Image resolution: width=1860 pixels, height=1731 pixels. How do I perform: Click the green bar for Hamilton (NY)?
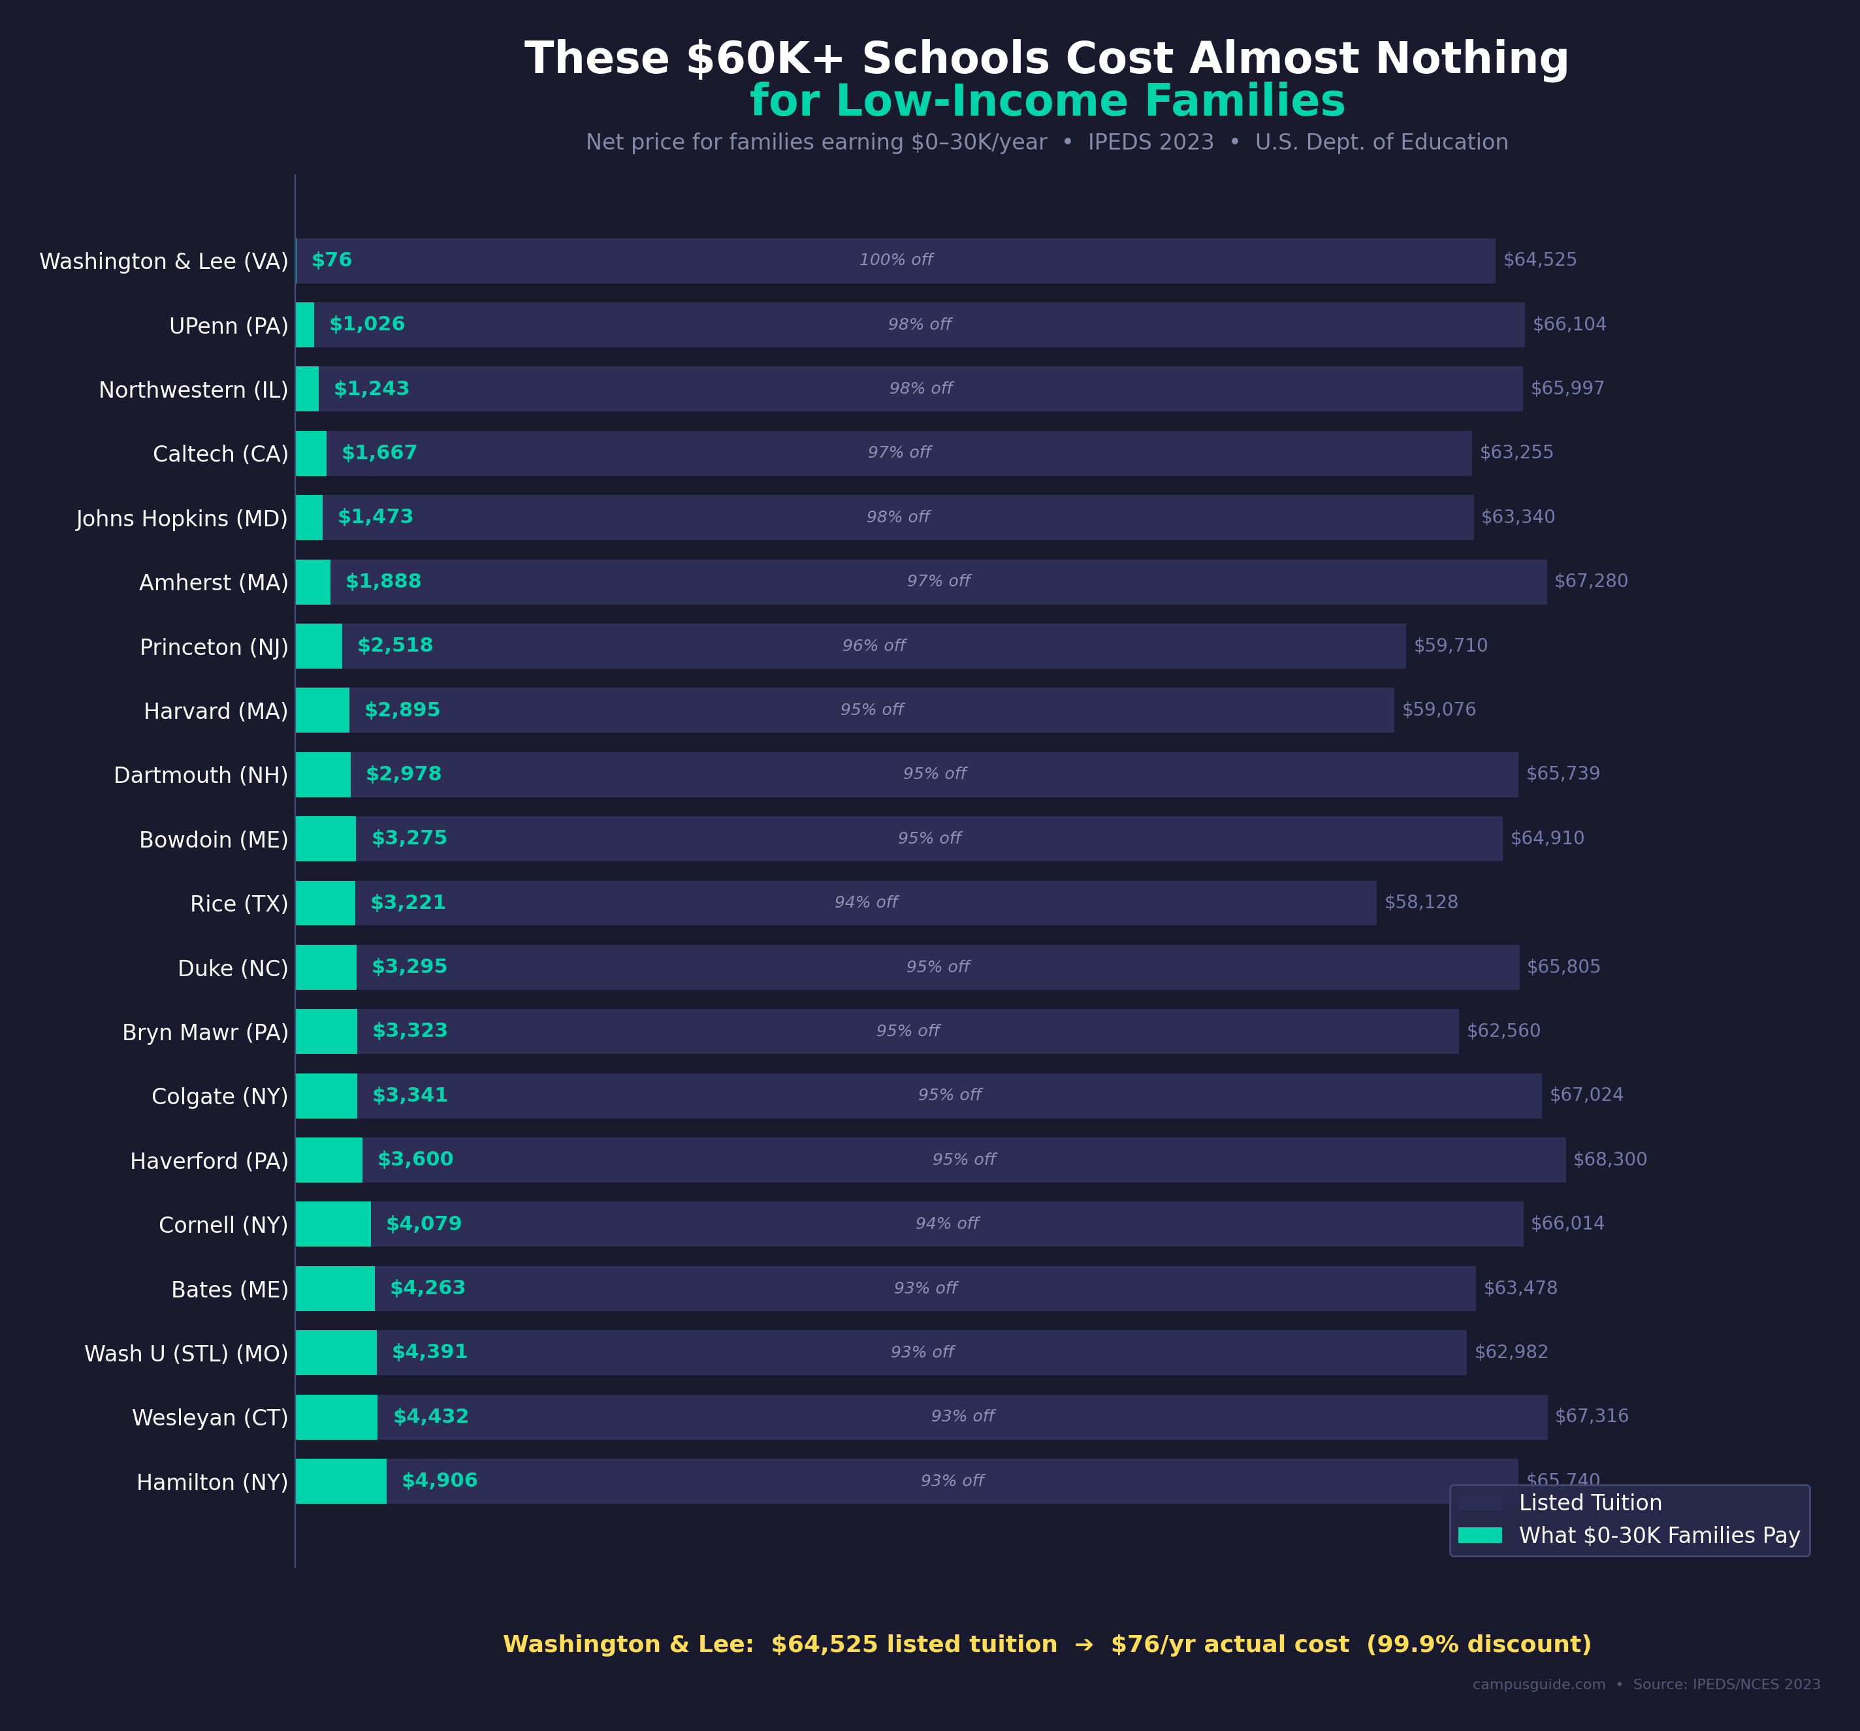click(340, 1481)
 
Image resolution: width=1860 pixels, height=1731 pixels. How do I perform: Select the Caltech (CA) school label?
click(221, 454)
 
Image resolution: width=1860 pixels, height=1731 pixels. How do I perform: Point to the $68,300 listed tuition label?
click(1609, 1159)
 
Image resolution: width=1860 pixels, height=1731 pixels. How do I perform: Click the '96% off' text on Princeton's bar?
click(873, 646)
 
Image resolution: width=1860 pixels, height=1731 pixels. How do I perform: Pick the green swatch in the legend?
click(1479, 1536)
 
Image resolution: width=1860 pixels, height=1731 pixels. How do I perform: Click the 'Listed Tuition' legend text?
click(1590, 1502)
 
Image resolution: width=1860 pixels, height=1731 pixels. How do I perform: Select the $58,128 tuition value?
click(1420, 902)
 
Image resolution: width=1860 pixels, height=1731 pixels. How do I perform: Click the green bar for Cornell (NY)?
click(333, 1224)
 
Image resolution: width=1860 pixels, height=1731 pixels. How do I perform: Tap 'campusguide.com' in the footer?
click(1538, 1684)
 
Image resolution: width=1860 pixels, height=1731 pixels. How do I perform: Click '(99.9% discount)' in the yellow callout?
click(1479, 1644)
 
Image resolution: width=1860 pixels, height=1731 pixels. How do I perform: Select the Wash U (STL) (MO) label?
click(186, 1354)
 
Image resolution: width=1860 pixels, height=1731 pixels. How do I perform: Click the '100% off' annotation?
click(895, 260)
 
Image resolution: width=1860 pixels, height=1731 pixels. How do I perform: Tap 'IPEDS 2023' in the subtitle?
click(1150, 142)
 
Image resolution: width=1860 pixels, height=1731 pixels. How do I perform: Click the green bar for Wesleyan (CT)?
click(337, 1417)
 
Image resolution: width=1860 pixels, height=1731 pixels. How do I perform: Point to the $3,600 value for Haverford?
click(415, 1159)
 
